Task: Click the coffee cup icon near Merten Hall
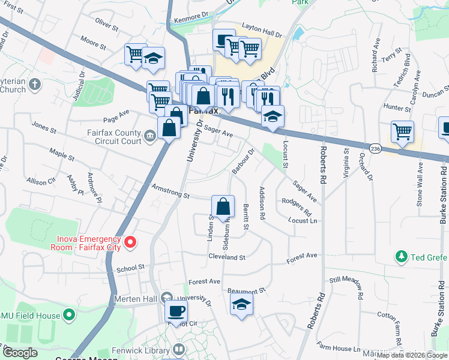(x=176, y=311)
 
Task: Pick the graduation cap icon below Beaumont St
(x=241, y=304)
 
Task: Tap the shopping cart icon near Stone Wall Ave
(x=402, y=131)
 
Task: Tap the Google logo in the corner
(x=20, y=353)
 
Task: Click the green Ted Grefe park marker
(x=402, y=257)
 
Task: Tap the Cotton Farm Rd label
(x=397, y=324)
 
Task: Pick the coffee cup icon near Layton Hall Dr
(x=223, y=40)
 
